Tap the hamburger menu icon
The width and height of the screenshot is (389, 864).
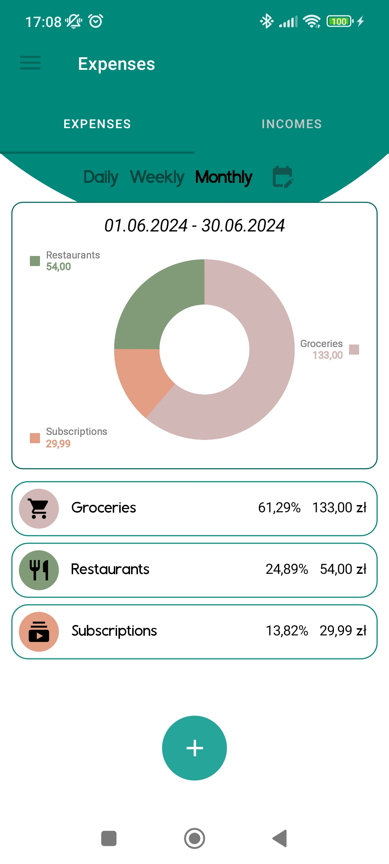point(30,63)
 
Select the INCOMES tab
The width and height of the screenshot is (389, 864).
point(291,124)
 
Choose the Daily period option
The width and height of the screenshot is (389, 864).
point(101,177)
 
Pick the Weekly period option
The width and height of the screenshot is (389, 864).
point(157,177)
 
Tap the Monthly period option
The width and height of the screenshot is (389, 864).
point(224,177)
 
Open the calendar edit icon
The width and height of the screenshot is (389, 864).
point(283,177)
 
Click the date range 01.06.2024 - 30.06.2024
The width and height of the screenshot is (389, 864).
point(194,226)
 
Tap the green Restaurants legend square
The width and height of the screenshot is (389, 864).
point(35,261)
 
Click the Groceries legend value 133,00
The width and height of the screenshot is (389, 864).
point(327,355)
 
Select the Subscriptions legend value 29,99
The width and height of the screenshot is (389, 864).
point(58,444)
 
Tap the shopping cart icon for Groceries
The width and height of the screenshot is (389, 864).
point(39,508)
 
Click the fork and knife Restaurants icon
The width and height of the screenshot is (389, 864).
point(39,570)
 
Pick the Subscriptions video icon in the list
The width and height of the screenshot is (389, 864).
point(39,631)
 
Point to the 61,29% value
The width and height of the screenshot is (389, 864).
point(279,508)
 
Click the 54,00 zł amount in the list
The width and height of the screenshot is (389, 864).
point(343,569)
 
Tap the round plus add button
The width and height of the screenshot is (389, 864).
point(194,748)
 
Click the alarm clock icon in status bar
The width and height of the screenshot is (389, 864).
point(96,21)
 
